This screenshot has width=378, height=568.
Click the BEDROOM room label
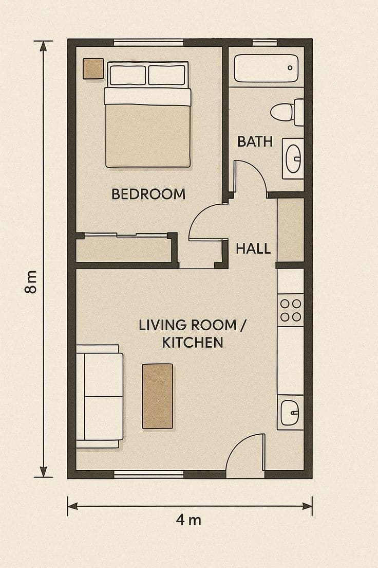point(148,194)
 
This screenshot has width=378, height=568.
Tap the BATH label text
point(255,141)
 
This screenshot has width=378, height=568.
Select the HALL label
point(253,248)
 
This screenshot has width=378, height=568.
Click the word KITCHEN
point(193,342)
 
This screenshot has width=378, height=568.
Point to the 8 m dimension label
point(31,281)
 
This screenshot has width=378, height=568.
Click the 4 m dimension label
point(188,520)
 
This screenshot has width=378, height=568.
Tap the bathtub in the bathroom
point(266,68)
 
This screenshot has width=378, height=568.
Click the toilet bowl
point(282,112)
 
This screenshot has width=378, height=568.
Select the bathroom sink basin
point(293,158)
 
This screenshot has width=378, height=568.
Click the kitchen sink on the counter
point(290,413)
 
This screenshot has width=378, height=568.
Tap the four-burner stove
point(291,310)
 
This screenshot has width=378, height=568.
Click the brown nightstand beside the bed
point(93,69)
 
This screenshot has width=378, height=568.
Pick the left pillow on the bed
point(128,75)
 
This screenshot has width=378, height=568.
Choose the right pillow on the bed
point(167,75)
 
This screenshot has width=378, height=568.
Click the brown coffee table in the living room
point(157,396)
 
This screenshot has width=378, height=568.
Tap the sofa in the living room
point(100,396)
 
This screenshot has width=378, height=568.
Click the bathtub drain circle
point(290,68)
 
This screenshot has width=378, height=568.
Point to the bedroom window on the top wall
point(148,43)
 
